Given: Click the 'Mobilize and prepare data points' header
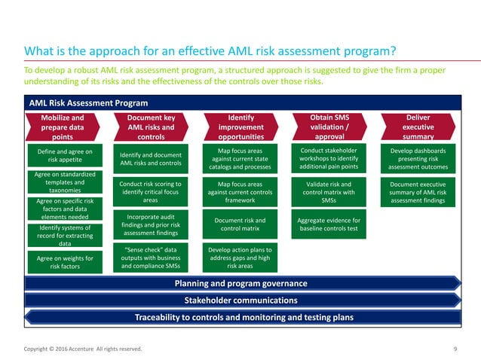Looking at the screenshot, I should point(63,127).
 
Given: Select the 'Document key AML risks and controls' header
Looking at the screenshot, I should point(151,127).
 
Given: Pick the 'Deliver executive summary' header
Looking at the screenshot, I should point(418,127).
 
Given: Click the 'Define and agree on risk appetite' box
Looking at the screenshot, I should point(64,156).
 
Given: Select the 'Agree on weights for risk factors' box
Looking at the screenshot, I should point(64,262).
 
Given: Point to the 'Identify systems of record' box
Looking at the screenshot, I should point(64,235).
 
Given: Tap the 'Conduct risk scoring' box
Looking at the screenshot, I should point(151,191).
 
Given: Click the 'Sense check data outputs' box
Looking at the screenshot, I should point(151,256).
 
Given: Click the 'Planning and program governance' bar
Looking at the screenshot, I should point(240,283).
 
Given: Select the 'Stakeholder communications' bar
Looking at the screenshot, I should point(240,300).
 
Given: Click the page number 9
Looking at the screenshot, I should point(455,349).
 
